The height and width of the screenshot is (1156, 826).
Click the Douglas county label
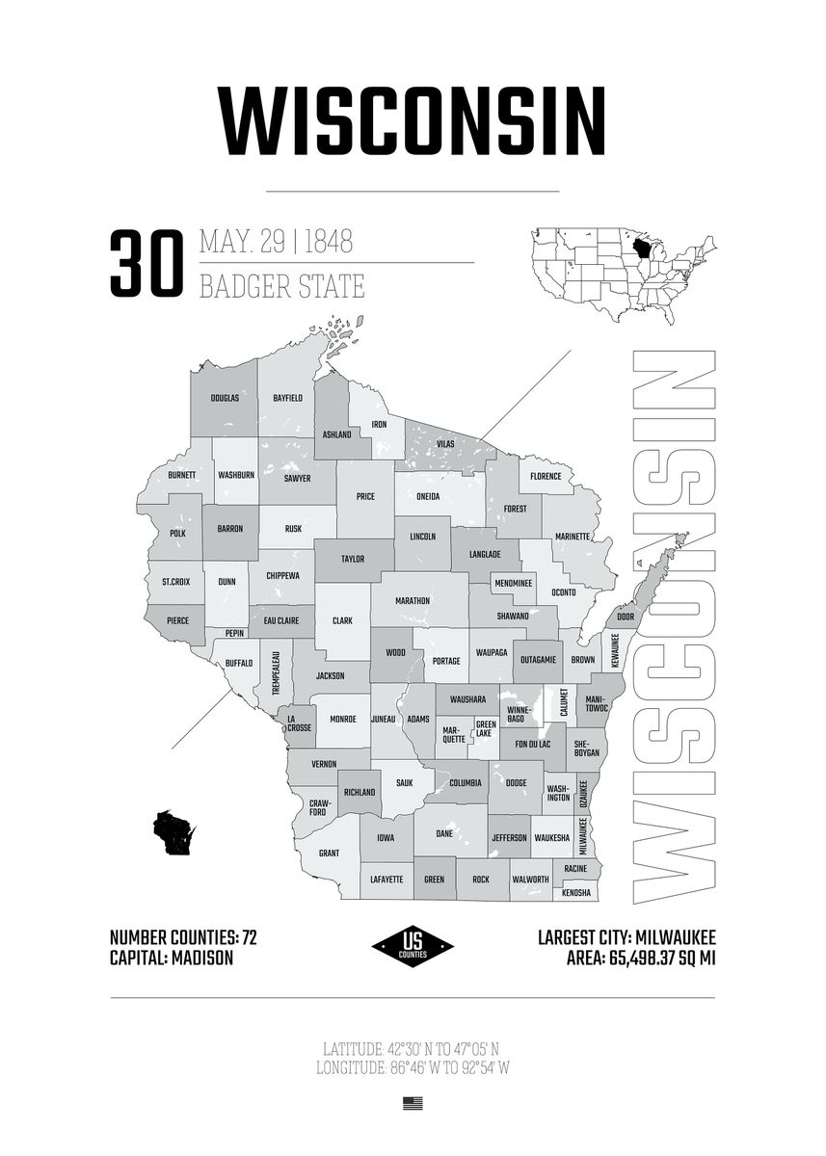click(225, 398)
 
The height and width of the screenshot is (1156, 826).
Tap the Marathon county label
click(413, 600)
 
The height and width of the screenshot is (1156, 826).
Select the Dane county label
click(444, 834)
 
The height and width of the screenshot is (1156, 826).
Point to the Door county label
click(626, 617)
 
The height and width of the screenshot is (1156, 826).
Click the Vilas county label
click(444, 443)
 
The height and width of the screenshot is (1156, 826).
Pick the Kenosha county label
click(576, 894)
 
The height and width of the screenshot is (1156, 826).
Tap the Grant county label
click(329, 854)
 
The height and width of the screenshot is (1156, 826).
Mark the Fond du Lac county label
click(532, 744)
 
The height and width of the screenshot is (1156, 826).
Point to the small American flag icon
click(413, 1104)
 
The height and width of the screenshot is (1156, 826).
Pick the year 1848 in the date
click(328, 242)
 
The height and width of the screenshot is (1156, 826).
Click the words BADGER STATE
click(281, 286)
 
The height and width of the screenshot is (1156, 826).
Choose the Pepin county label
click(235, 633)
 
